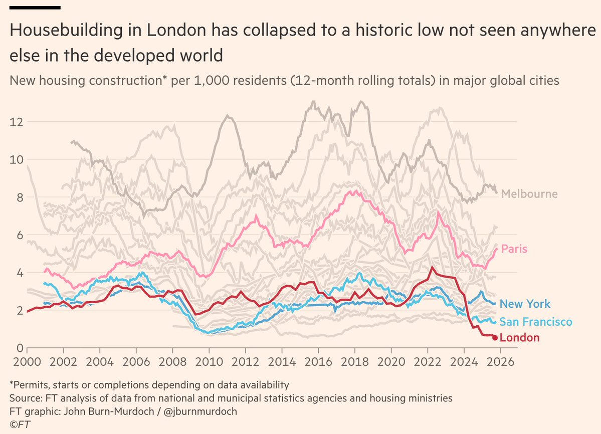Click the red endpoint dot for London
[495, 338]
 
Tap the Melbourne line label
[529, 194]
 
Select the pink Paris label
[514, 249]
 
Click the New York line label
[525, 304]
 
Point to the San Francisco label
[536, 321]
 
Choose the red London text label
[520, 338]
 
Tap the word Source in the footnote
[24, 398]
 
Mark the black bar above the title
[35, 8]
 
